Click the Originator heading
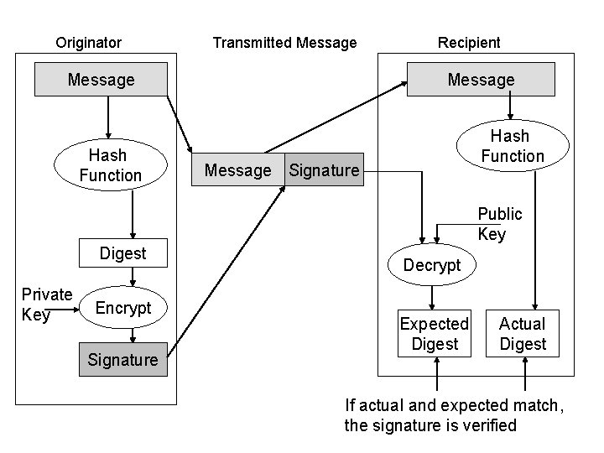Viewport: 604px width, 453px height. coord(88,43)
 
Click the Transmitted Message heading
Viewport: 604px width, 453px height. coord(284,43)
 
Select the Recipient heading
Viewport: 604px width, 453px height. coord(469,43)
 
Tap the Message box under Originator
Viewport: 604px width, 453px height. coord(101,81)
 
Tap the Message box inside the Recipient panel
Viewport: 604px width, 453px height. coord(481,81)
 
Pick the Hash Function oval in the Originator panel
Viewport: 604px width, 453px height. coord(110,165)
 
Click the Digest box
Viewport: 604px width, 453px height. coord(122,253)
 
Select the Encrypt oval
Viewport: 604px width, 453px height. coord(123,308)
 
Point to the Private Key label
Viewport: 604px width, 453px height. coord(46,305)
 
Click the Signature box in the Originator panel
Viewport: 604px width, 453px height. coord(123,360)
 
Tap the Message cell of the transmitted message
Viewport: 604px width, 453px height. coord(238,170)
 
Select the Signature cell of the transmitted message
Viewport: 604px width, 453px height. coord(324,170)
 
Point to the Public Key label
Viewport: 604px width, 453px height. coord(499,224)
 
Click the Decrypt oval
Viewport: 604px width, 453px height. coord(432,265)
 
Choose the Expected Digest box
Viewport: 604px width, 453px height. coord(435,334)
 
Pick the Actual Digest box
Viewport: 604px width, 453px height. coord(522,334)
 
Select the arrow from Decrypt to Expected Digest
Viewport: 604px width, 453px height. coord(432,297)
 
